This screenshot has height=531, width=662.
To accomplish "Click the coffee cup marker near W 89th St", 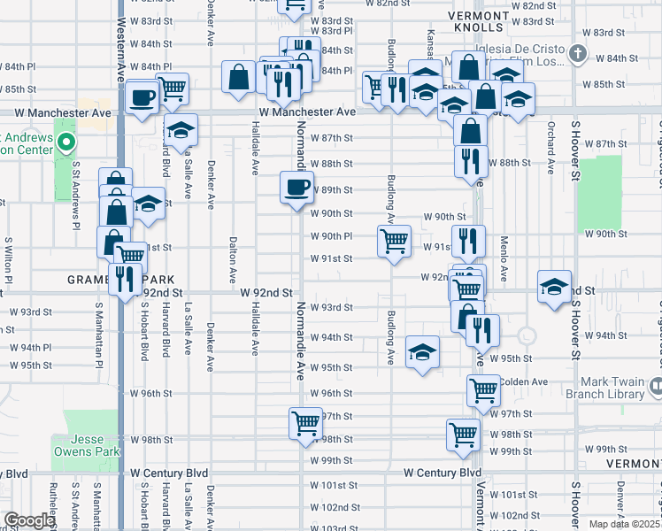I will point(296,187).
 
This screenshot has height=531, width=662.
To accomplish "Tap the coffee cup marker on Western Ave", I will point(142,97).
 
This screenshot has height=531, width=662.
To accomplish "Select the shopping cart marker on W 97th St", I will point(305,423).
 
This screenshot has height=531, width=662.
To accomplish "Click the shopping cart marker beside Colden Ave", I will point(483,389).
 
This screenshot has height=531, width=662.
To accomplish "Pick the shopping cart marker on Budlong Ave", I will point(394,240).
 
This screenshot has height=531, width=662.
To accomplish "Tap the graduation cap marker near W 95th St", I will point(423,351).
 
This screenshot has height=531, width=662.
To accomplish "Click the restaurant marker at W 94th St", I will point(482,330).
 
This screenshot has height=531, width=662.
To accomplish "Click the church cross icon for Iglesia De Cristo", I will point(577,54).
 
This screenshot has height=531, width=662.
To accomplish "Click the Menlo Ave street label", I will point(503,259).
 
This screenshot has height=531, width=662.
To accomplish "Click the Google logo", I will point(29,520).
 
